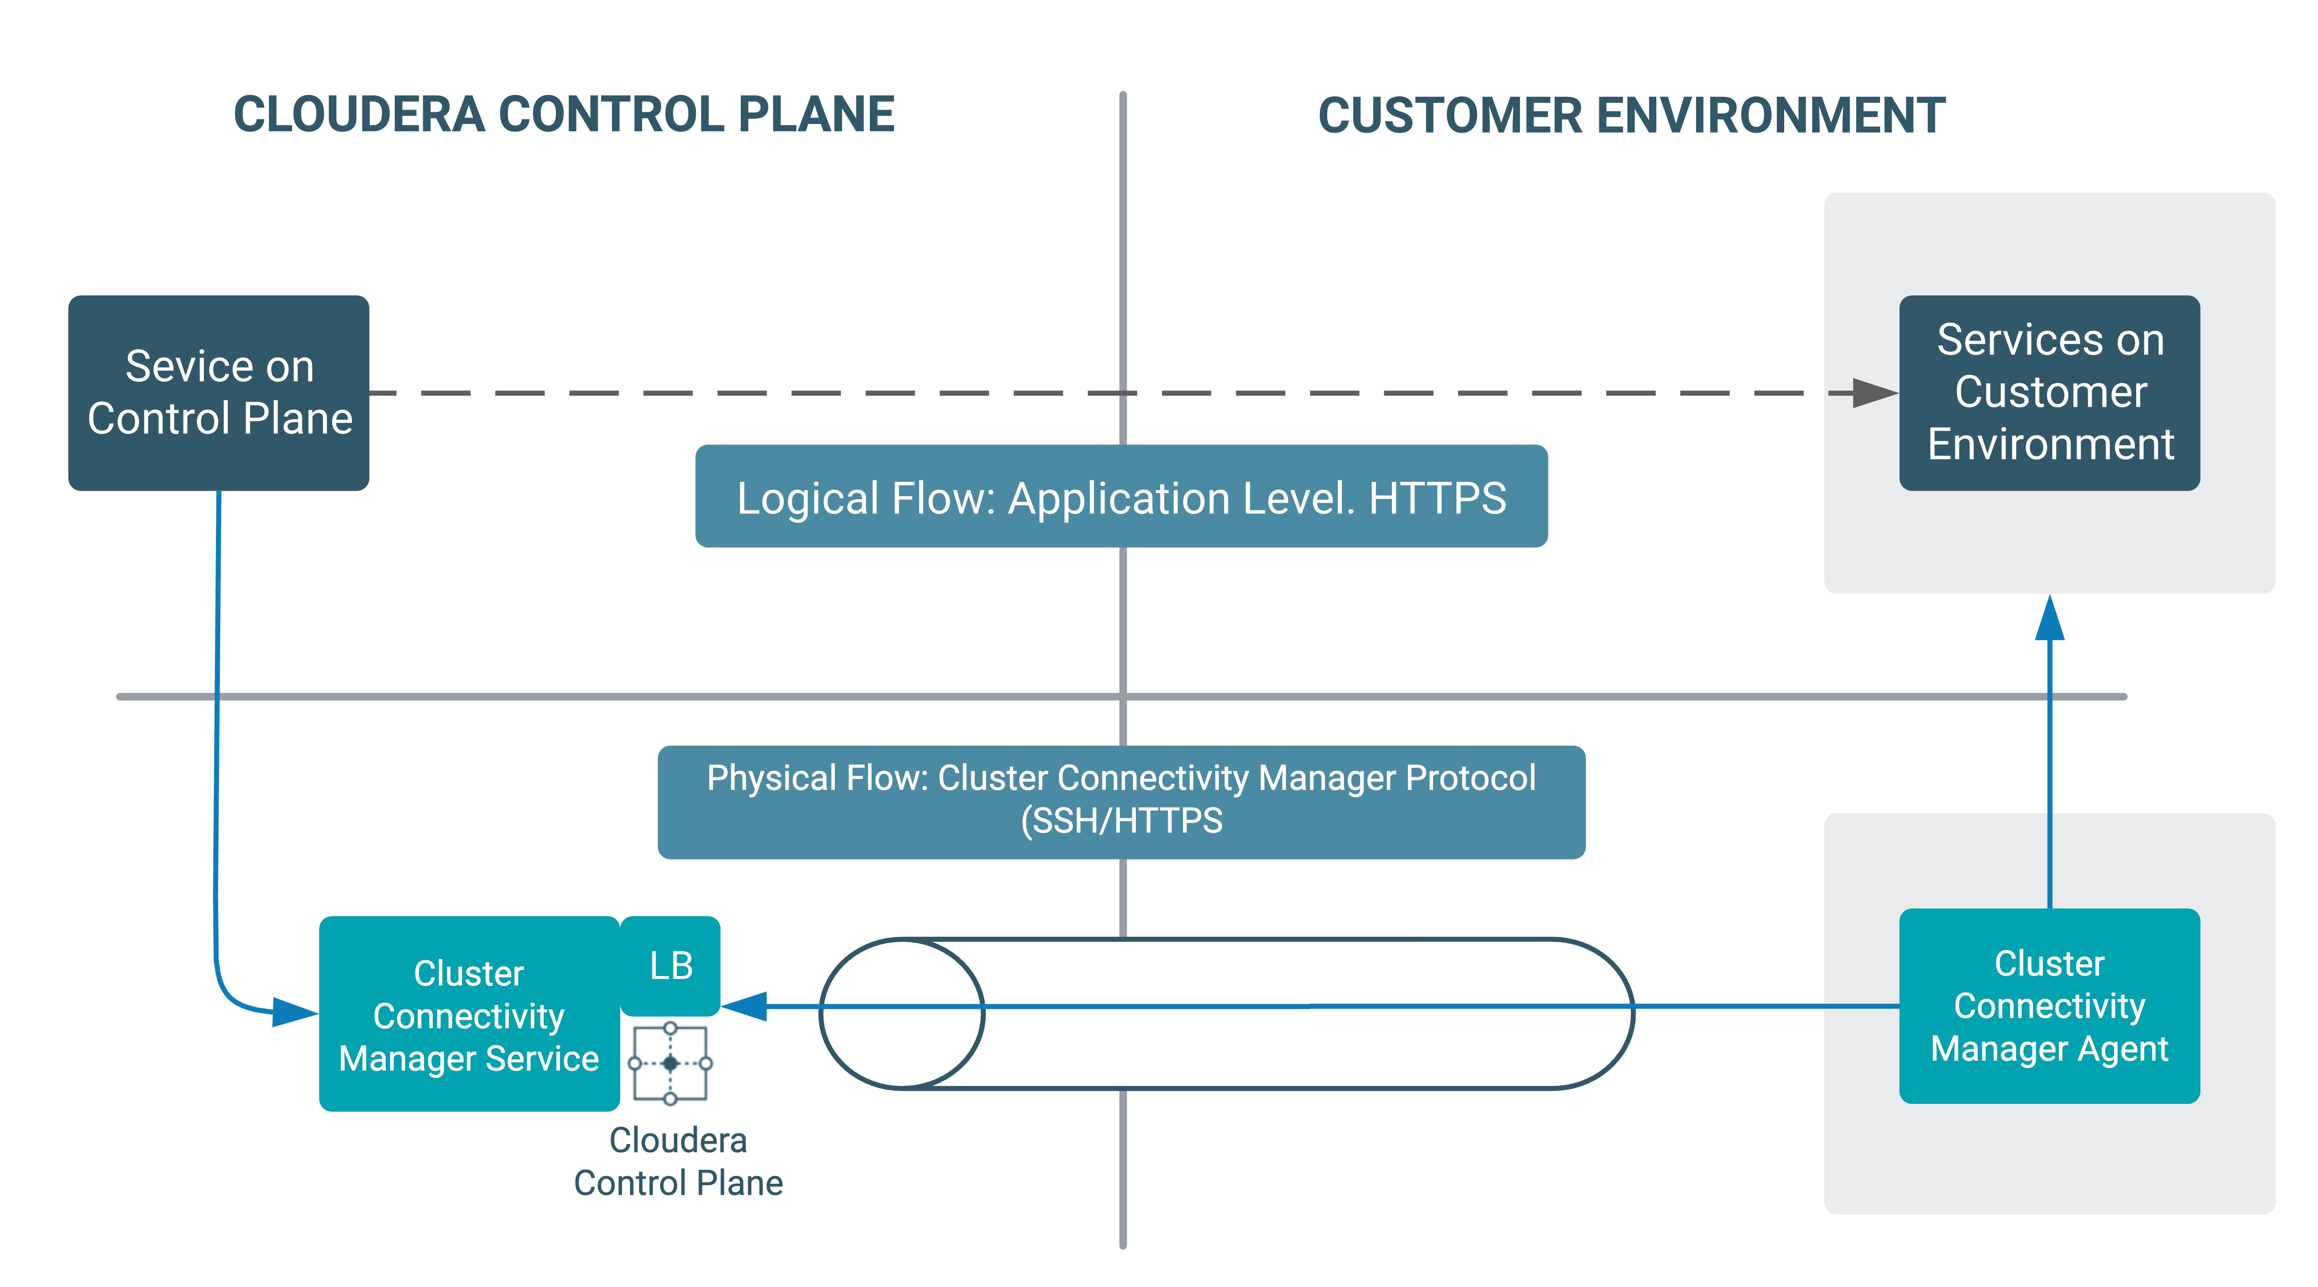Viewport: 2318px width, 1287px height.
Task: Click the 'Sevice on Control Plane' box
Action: point(219,393)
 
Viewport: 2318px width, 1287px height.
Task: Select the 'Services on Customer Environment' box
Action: point(2049,393)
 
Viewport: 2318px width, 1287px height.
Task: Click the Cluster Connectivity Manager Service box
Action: point(469,1013)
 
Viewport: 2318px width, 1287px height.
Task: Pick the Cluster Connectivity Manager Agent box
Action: point(2049,1005)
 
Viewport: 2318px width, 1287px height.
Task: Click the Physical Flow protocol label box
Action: point(1121,802)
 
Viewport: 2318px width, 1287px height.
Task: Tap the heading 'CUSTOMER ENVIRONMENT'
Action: point(1631,115)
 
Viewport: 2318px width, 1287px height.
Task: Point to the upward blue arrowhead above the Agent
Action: point(2049,618)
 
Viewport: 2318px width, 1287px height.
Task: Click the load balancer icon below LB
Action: point(670,1063)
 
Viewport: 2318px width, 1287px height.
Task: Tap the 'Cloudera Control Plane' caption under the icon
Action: point(679,1161)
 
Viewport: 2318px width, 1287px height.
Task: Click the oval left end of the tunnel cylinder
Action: point(902,1013)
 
